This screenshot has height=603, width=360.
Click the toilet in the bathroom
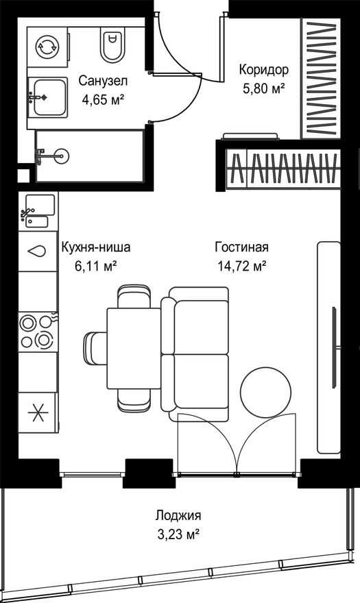tap(112, 45)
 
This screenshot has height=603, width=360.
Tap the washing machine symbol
tap(47, 47)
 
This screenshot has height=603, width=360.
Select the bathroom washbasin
tap(47, 97)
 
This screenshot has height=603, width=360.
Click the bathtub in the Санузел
tap(89, 156)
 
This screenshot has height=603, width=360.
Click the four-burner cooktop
tap(37, 331)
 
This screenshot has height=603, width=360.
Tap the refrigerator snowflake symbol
tap(38, 413)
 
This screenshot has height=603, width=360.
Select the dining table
tap(134, 348)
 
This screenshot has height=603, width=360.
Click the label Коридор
tap(264, 70)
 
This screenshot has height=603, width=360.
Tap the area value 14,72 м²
tap(243, 266)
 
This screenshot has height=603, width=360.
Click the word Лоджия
tap(178, 515)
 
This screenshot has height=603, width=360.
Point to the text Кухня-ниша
tap(96, 247)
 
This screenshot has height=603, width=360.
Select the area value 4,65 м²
tap(103, 100)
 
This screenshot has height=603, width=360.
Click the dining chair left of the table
tap(95, 347)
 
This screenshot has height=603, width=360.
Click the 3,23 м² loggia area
tap(178, 534)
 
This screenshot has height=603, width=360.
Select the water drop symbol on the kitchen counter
tap(38, 251)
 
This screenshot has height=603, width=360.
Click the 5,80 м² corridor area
tap(264, 89)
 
